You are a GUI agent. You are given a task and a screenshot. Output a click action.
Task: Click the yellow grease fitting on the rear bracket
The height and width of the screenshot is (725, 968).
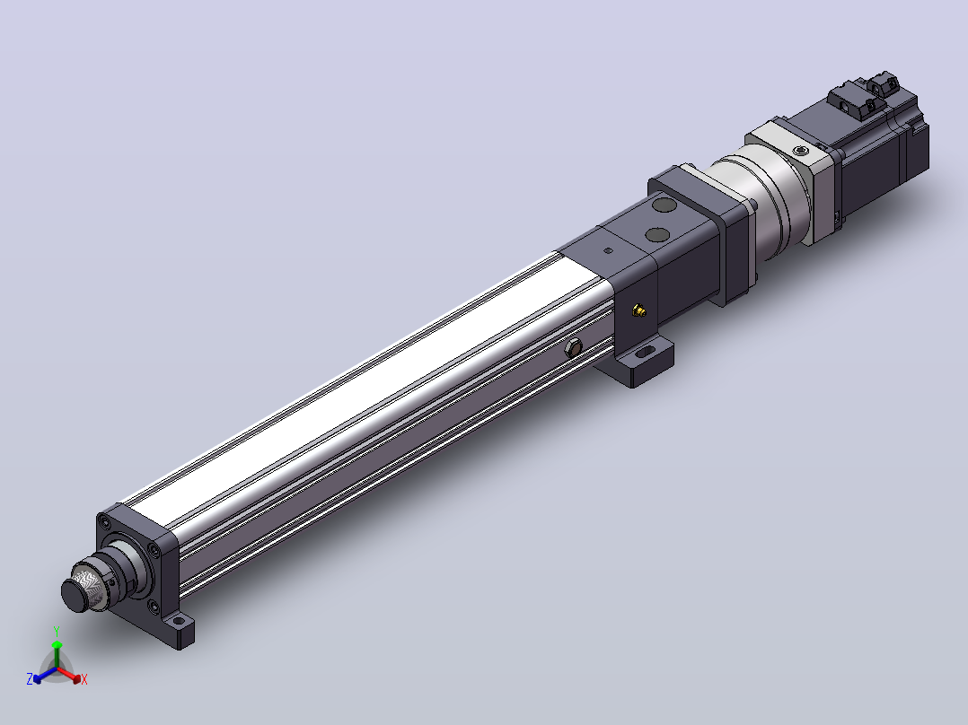coord(639,310)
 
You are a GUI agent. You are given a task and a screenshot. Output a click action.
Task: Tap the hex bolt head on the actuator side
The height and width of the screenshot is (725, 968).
coord(574,348)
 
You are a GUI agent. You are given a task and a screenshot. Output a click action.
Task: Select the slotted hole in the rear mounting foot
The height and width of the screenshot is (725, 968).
coord(645,353)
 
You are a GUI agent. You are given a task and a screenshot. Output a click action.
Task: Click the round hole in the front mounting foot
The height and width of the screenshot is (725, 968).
coord(179,620)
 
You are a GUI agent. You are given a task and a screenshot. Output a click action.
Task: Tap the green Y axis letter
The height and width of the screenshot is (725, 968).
coord(57,631)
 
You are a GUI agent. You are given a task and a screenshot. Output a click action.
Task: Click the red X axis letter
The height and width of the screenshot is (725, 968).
coord(84,679)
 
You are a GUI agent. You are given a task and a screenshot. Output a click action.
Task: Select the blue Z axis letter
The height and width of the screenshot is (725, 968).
coord(30,678)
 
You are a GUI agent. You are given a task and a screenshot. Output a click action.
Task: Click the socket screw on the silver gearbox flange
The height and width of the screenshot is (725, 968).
coord(801,151)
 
